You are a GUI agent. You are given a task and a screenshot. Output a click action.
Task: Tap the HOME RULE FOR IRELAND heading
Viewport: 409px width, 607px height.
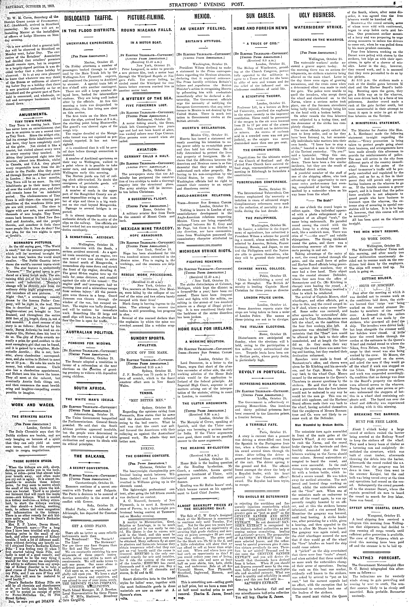(205, 329)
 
